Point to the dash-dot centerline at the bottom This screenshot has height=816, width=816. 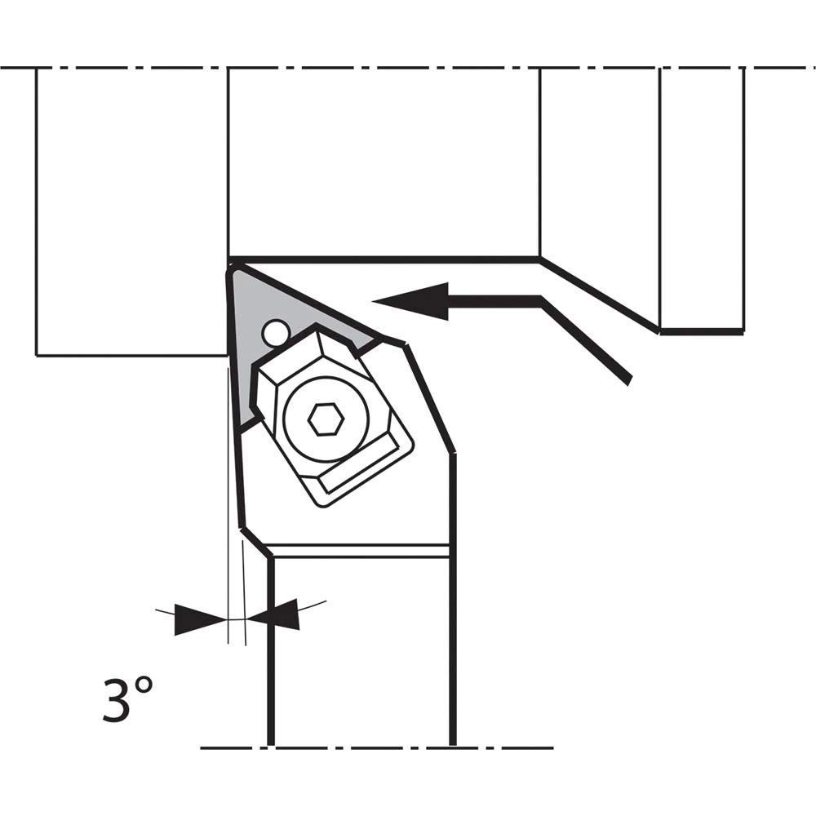(x=375, y=747)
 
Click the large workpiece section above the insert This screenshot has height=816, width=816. (x=384, y=163)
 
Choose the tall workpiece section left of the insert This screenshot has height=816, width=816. (x=131, y=212)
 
